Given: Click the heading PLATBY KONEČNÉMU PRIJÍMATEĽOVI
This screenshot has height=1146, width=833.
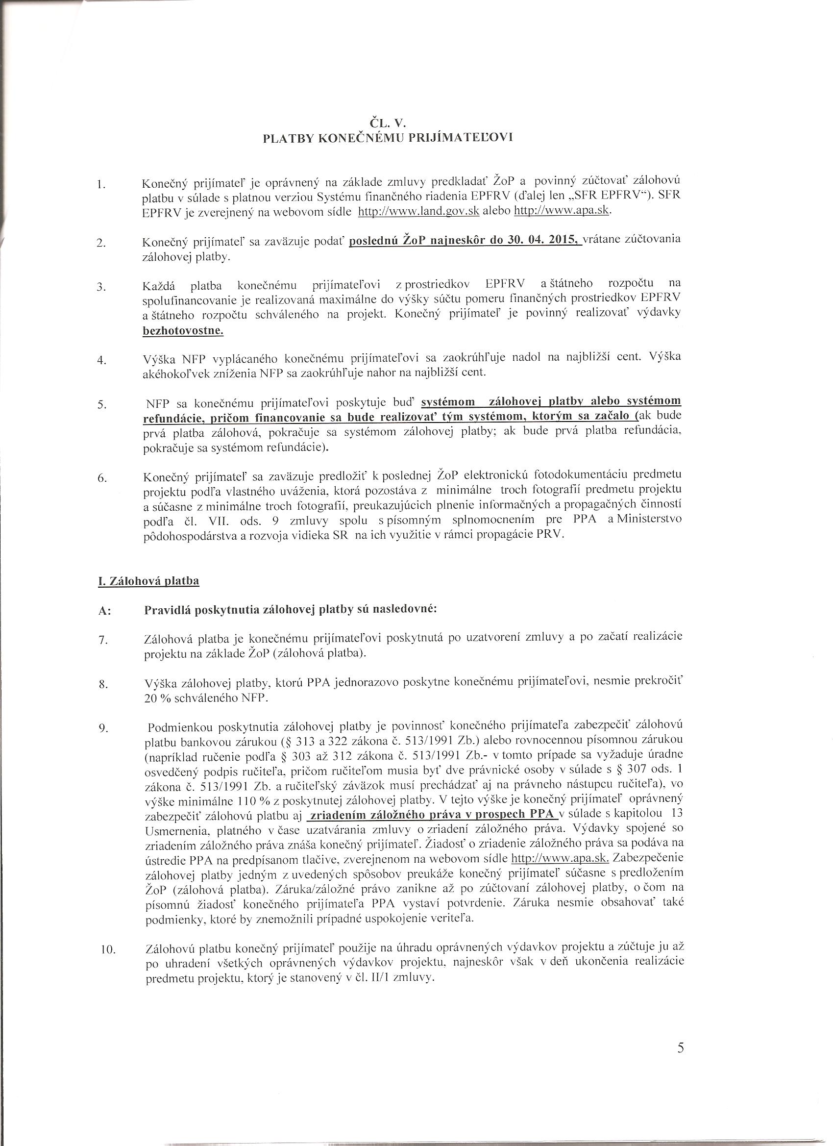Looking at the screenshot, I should coord(389,138).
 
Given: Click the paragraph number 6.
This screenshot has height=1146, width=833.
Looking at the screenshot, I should coord(101,478).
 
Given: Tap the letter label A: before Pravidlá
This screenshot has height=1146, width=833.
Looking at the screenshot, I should coord(104,610).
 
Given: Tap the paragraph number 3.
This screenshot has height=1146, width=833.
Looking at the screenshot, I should coord(101,288).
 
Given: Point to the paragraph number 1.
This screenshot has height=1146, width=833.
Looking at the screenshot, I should coord(100,185).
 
